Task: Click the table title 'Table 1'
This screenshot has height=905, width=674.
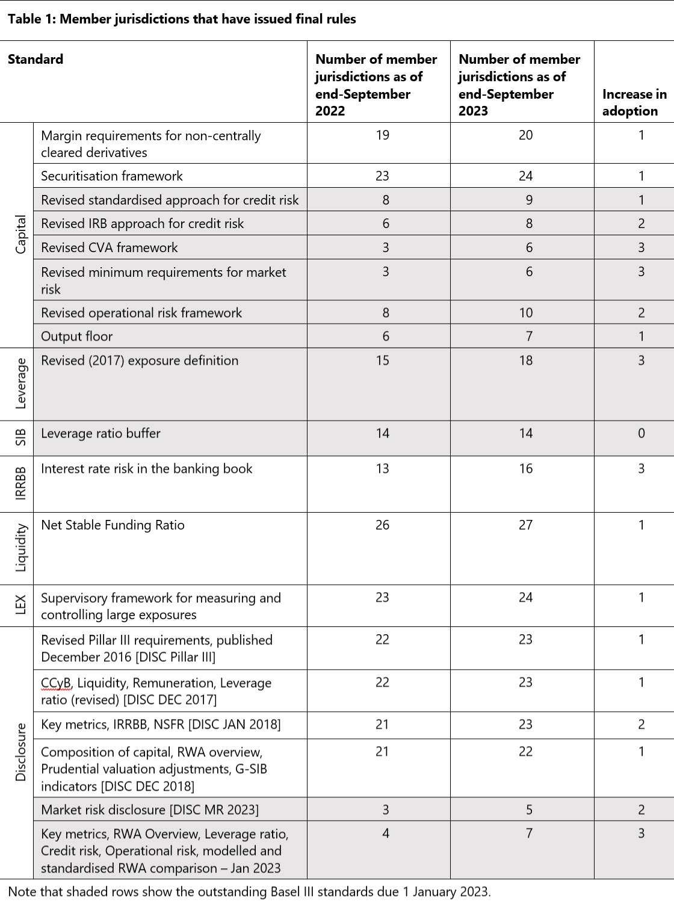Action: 181,19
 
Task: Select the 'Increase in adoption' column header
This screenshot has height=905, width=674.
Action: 634,102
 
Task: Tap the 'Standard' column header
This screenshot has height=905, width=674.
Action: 36,59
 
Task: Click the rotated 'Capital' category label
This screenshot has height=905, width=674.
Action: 21,235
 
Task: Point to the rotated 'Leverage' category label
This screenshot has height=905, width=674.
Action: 21,383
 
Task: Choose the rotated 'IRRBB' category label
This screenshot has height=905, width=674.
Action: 21,483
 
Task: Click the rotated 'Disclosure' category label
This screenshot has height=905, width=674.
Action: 21,752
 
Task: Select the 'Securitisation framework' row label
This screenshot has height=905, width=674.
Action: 112,176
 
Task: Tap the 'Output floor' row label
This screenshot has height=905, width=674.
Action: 76,336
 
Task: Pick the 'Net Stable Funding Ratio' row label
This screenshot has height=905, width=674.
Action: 113,525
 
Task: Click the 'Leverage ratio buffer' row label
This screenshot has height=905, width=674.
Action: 100,433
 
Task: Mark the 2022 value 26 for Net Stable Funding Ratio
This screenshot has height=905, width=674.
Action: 382,525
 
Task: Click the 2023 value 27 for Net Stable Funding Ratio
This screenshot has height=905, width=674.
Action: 525,525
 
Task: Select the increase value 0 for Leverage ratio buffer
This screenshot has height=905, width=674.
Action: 641,433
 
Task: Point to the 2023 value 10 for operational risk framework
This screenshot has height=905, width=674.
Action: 525,312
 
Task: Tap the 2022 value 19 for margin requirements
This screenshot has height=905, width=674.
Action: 382,135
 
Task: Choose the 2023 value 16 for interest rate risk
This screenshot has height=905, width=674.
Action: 525,469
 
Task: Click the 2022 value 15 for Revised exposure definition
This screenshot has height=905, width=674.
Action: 382,360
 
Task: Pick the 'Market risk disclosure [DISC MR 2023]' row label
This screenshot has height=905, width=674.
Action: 150,809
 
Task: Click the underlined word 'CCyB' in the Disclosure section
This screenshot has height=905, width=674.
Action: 56,683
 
